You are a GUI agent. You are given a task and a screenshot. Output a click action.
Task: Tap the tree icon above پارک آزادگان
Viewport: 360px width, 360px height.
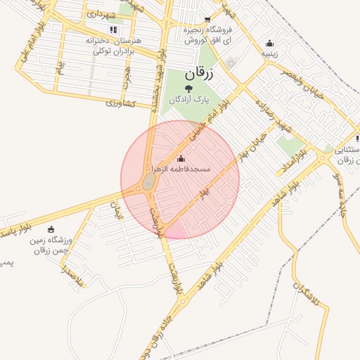[x=188, y=87]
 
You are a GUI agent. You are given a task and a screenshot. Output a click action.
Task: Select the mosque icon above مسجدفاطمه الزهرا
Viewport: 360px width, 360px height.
[x=182, y=158]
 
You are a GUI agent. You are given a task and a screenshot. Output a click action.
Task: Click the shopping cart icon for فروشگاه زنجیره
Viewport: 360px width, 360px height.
[x=206, y=20]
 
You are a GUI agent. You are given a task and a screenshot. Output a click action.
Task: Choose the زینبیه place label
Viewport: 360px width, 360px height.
[x=270, y=53]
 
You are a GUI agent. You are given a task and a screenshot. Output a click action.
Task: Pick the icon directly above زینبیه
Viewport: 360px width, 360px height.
[x=270, y=43]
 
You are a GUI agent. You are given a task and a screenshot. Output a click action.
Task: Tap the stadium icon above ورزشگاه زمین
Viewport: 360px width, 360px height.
[x=50, y=229]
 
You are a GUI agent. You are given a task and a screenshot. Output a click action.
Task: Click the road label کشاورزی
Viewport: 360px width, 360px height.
[x=120, y=103]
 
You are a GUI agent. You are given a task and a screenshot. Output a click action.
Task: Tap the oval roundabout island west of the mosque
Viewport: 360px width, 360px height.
[x=148, y=182]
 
